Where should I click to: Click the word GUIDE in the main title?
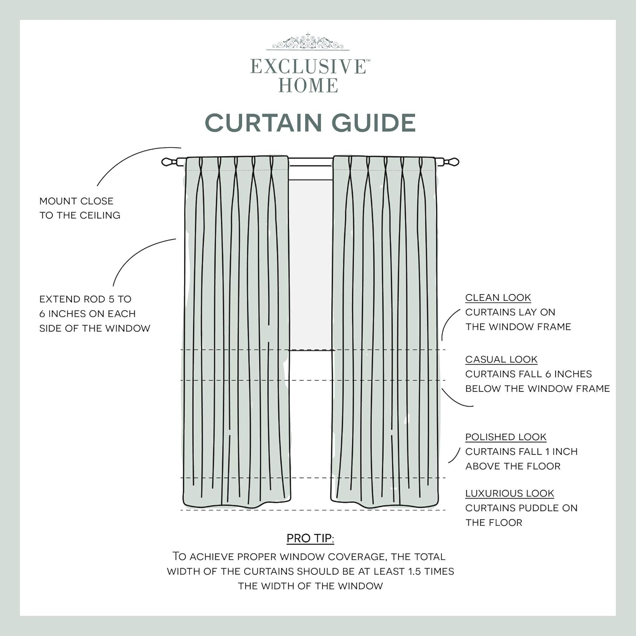pos(373,123)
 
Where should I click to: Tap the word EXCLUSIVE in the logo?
pos(308,67)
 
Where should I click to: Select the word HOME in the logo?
pos(308,86)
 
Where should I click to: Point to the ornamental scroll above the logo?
pos(308,42)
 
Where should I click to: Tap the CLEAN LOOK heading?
pos(498,298)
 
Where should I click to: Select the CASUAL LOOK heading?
pos(501,360)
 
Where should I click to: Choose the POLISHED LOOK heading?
pos(505,437)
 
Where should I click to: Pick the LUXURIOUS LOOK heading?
pos(509,494)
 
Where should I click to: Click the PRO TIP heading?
pos(310,538)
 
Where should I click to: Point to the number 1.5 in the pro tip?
pos(415,572)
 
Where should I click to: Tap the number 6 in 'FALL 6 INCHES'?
pos(548,374)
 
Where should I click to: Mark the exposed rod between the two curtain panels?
pos(310,162)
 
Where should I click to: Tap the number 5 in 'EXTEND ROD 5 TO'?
pos(111,299)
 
